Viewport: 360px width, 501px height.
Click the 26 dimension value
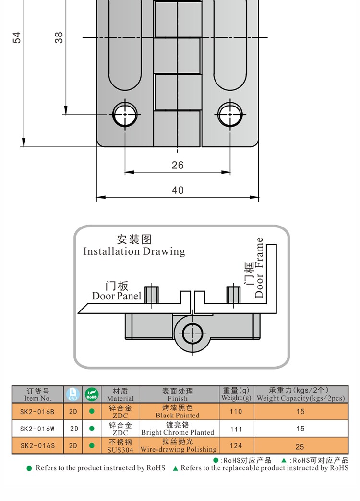point(178,165)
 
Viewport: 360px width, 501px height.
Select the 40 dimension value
point(178,191)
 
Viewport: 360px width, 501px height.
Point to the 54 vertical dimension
point(17,37)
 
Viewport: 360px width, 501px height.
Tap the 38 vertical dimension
point(59,37)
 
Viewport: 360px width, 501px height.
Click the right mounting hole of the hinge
point(229,114)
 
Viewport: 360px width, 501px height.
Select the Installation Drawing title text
point(134,251)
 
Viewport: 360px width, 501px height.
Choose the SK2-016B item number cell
point(37,412)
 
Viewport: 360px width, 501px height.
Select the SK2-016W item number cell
point(37,429)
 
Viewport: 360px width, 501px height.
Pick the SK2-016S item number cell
point(37,446)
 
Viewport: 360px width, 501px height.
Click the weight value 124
point(236,446)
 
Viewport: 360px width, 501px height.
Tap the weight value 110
point(236,412)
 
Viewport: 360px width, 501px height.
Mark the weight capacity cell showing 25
point(300,446)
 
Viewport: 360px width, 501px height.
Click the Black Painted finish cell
point(178,412)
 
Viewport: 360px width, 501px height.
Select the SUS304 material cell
point(120,446)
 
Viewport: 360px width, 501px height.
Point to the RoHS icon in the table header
point(91,394)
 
